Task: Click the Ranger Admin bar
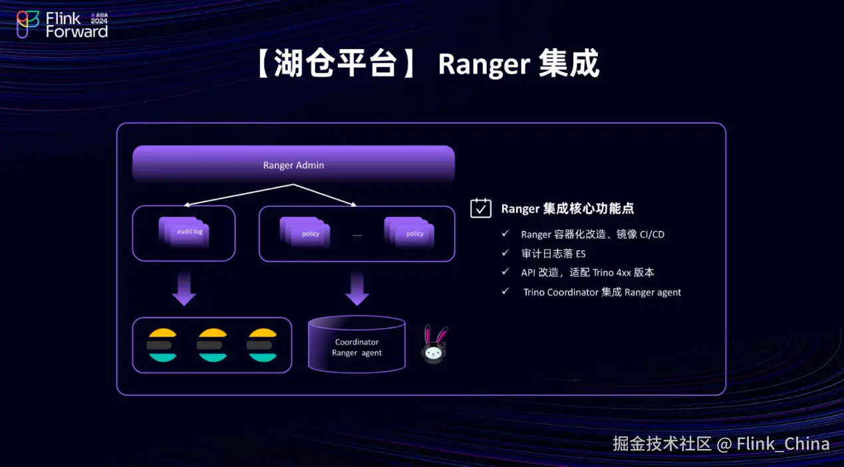click(x=293, y=164)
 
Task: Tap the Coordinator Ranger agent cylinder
click(x=356, y=345)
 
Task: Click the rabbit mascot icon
click(x=435, y=345)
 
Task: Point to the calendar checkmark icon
click(x=481, y=208)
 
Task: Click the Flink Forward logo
click(x=63, y=24)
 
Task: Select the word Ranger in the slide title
click(x=484, y=65)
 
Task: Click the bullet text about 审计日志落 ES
click(x=553, y=253)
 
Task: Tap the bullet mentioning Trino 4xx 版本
click(x=588, y=272)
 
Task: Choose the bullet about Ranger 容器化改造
click(x=593, y=234)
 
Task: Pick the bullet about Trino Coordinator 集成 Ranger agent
click(x=602, y=292)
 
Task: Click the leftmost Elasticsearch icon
click(x=163, y=345)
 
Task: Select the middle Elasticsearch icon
click(x=213, y=345)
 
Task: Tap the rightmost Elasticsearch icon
click(x=261, y=345)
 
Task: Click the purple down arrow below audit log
click(x=184, y=289)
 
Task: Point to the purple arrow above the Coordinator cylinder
click(x=357, y=289)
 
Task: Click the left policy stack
click(x=306, y=233)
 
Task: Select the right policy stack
click(x=410, y=233)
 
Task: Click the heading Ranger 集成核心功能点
click(x=567, y=208)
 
